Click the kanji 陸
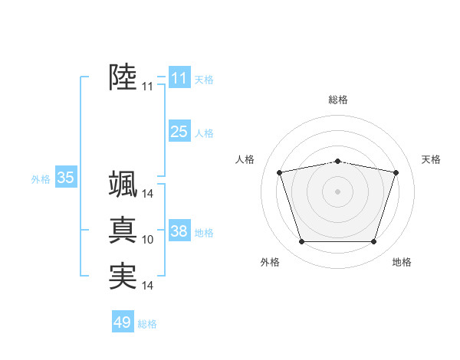pos(123,77)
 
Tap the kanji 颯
pos(123,185)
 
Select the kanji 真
pos(123,231)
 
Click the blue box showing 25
pos(179,132)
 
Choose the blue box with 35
pos(65,178)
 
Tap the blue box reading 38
pos(179,231)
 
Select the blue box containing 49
pos(122,322)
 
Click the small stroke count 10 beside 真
pos(148,240)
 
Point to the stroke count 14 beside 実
pos(148,286)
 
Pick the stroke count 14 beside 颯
pos(148,194)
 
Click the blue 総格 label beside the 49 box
pos(147,324)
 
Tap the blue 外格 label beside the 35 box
pos(41,179)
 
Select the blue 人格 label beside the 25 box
pos(204,133)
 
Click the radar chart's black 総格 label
pos(337,100)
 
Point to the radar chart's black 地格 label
pos(402,262)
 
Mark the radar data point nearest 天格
pos(396,172)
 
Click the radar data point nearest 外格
pos(301,242)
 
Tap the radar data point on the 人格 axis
pos(280,172)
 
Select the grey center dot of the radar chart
pos(337,191)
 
